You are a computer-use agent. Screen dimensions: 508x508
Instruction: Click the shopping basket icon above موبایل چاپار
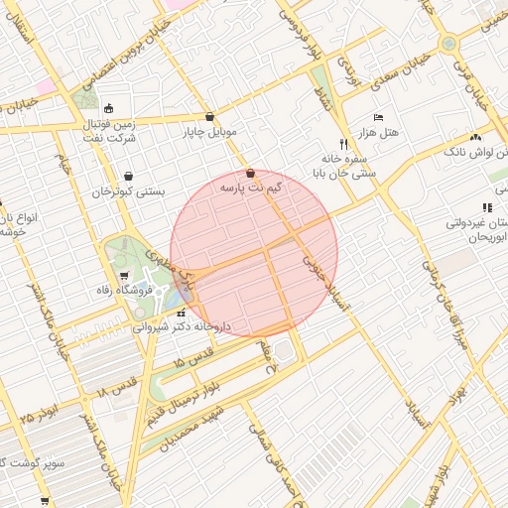[x=209, y=117]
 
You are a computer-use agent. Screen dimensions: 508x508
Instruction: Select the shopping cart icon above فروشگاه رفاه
[x=123, y=276]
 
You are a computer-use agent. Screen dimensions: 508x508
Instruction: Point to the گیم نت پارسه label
[x=250, y=187]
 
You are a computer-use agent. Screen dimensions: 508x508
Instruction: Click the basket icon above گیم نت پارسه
[x=250, y=173]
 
